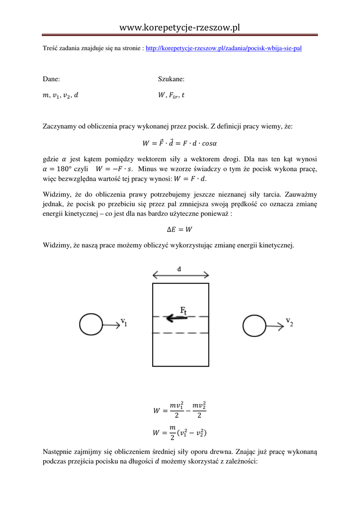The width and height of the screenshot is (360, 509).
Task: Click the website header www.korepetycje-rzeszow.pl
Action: click(180, 28)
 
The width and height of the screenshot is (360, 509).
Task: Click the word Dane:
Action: click(52, 79)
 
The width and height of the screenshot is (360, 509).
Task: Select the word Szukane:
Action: click(171, 79)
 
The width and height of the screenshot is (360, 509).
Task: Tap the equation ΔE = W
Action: click(180, 230)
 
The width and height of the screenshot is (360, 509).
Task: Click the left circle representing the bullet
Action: click(90, 325)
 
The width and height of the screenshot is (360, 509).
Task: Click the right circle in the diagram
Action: click(254, 325)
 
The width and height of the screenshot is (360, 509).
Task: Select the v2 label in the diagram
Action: click(289, 322)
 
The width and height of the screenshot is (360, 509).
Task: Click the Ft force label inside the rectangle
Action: click(183, 311)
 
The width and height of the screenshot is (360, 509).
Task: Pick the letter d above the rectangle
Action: click(180, 269)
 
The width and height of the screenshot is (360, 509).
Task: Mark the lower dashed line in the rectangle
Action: click(180, 333)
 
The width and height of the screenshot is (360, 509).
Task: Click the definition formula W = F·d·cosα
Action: click(180, 144)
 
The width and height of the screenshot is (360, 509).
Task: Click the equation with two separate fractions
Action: click(180, 411)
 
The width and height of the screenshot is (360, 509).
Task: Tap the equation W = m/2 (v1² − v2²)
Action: click(180, 433)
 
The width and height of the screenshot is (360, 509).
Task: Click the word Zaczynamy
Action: click(61, 127)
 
